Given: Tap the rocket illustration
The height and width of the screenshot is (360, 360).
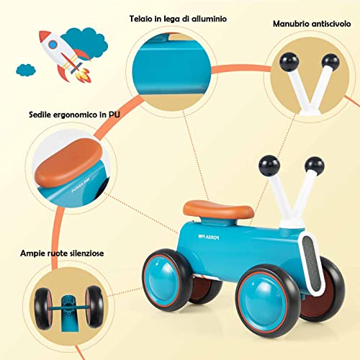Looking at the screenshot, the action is (x=66, y=56).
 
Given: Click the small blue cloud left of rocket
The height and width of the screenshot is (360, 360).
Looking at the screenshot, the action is (x=26, y=70).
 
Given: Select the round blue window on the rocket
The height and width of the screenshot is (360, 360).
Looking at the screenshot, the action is (x=53, y=45).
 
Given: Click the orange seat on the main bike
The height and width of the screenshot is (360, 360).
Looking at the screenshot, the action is (x=218, y=210).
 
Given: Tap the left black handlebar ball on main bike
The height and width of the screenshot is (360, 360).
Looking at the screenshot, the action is (x=269, y=166).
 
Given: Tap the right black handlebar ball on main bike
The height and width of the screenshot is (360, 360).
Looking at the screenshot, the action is (x=315, y=166).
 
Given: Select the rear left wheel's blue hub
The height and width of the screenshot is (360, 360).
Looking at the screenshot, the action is (x=163, y=280).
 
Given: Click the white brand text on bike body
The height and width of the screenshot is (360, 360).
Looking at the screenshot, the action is (x=209, y=237).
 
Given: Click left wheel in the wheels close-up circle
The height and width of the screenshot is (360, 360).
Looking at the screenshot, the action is (x=43, y=309).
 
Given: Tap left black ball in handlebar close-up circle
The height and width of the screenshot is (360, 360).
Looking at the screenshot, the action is (x=289, y=62).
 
